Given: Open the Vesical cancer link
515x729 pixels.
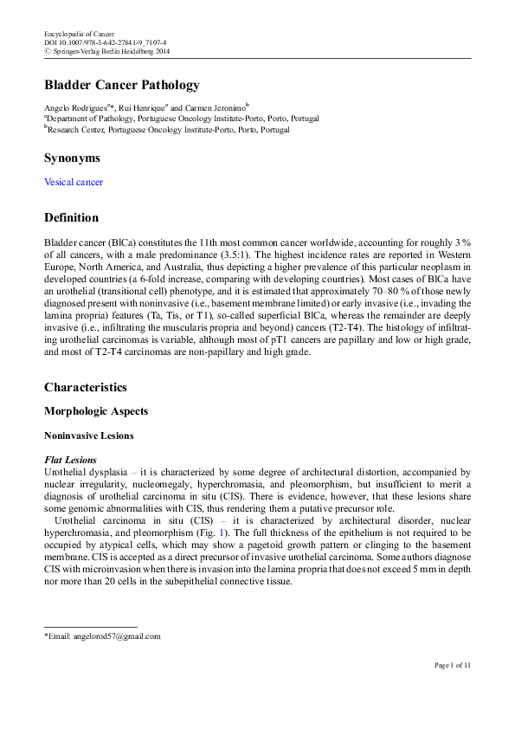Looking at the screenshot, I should pyautogui.click(x=74, y=183).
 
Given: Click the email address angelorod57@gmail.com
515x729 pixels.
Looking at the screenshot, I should pyautogui.click(x=105, y=636).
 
